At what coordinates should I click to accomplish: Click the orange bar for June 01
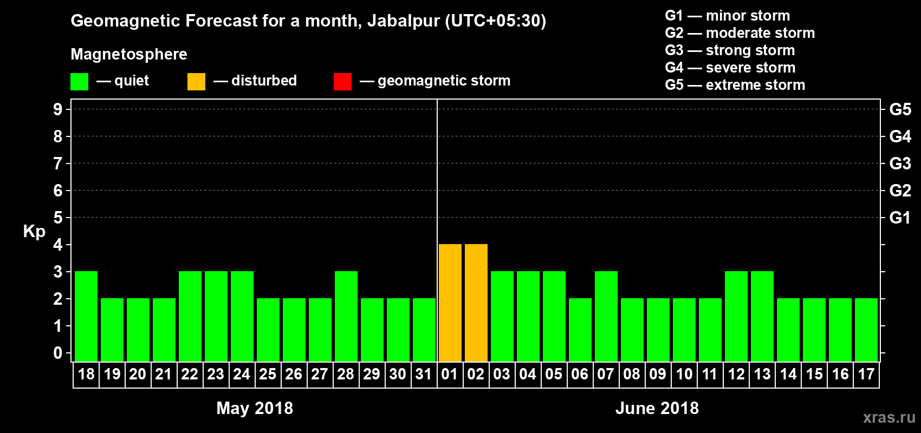pos(450,303)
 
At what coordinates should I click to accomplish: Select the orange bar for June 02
pos(476,303)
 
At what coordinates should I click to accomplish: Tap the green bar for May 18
pos(86,316)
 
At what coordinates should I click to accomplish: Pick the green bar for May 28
pos(346,316)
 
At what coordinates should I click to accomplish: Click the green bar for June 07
pos(606,316)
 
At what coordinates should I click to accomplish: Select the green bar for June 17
pos(866,330)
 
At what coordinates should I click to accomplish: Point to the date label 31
pos(424,374)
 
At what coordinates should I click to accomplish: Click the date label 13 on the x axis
pos(762,374)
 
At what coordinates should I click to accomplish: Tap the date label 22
pos(190,374)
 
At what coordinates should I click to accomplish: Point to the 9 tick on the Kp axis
pos(58,109)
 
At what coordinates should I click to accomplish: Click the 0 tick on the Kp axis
pos(58,353)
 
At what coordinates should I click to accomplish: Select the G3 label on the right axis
pos(900,163)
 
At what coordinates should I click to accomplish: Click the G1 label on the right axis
pos(900,218)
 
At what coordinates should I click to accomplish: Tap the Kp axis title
pos(34,231)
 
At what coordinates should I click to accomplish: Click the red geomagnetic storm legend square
pos(342,82)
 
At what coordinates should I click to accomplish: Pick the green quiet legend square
pos(80,82)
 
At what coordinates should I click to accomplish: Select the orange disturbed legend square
pos(196,82)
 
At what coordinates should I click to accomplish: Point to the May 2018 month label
pos(255,408)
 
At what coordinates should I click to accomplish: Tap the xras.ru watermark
pos(889,417)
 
